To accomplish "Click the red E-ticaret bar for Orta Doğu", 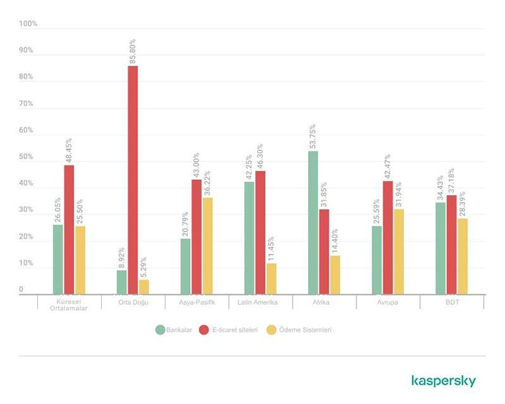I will coord(133,180).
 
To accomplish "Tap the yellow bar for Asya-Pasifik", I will coord(208,246).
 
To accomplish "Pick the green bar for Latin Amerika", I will coord(249,237).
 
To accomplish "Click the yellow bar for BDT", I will coord(463,256).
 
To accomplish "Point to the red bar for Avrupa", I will coord(388,237).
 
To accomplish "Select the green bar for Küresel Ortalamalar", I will coord(58,259).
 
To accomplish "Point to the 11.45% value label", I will coord(271,249).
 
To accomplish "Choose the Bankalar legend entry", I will coord(172,330).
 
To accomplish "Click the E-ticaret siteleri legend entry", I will coord(229,330).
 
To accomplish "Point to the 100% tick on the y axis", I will coord(29,24).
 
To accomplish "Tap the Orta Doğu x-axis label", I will coord(133,302).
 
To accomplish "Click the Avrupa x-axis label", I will coord(388,302).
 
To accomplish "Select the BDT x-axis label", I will coord(452,302).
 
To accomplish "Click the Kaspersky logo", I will coord(443,381).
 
